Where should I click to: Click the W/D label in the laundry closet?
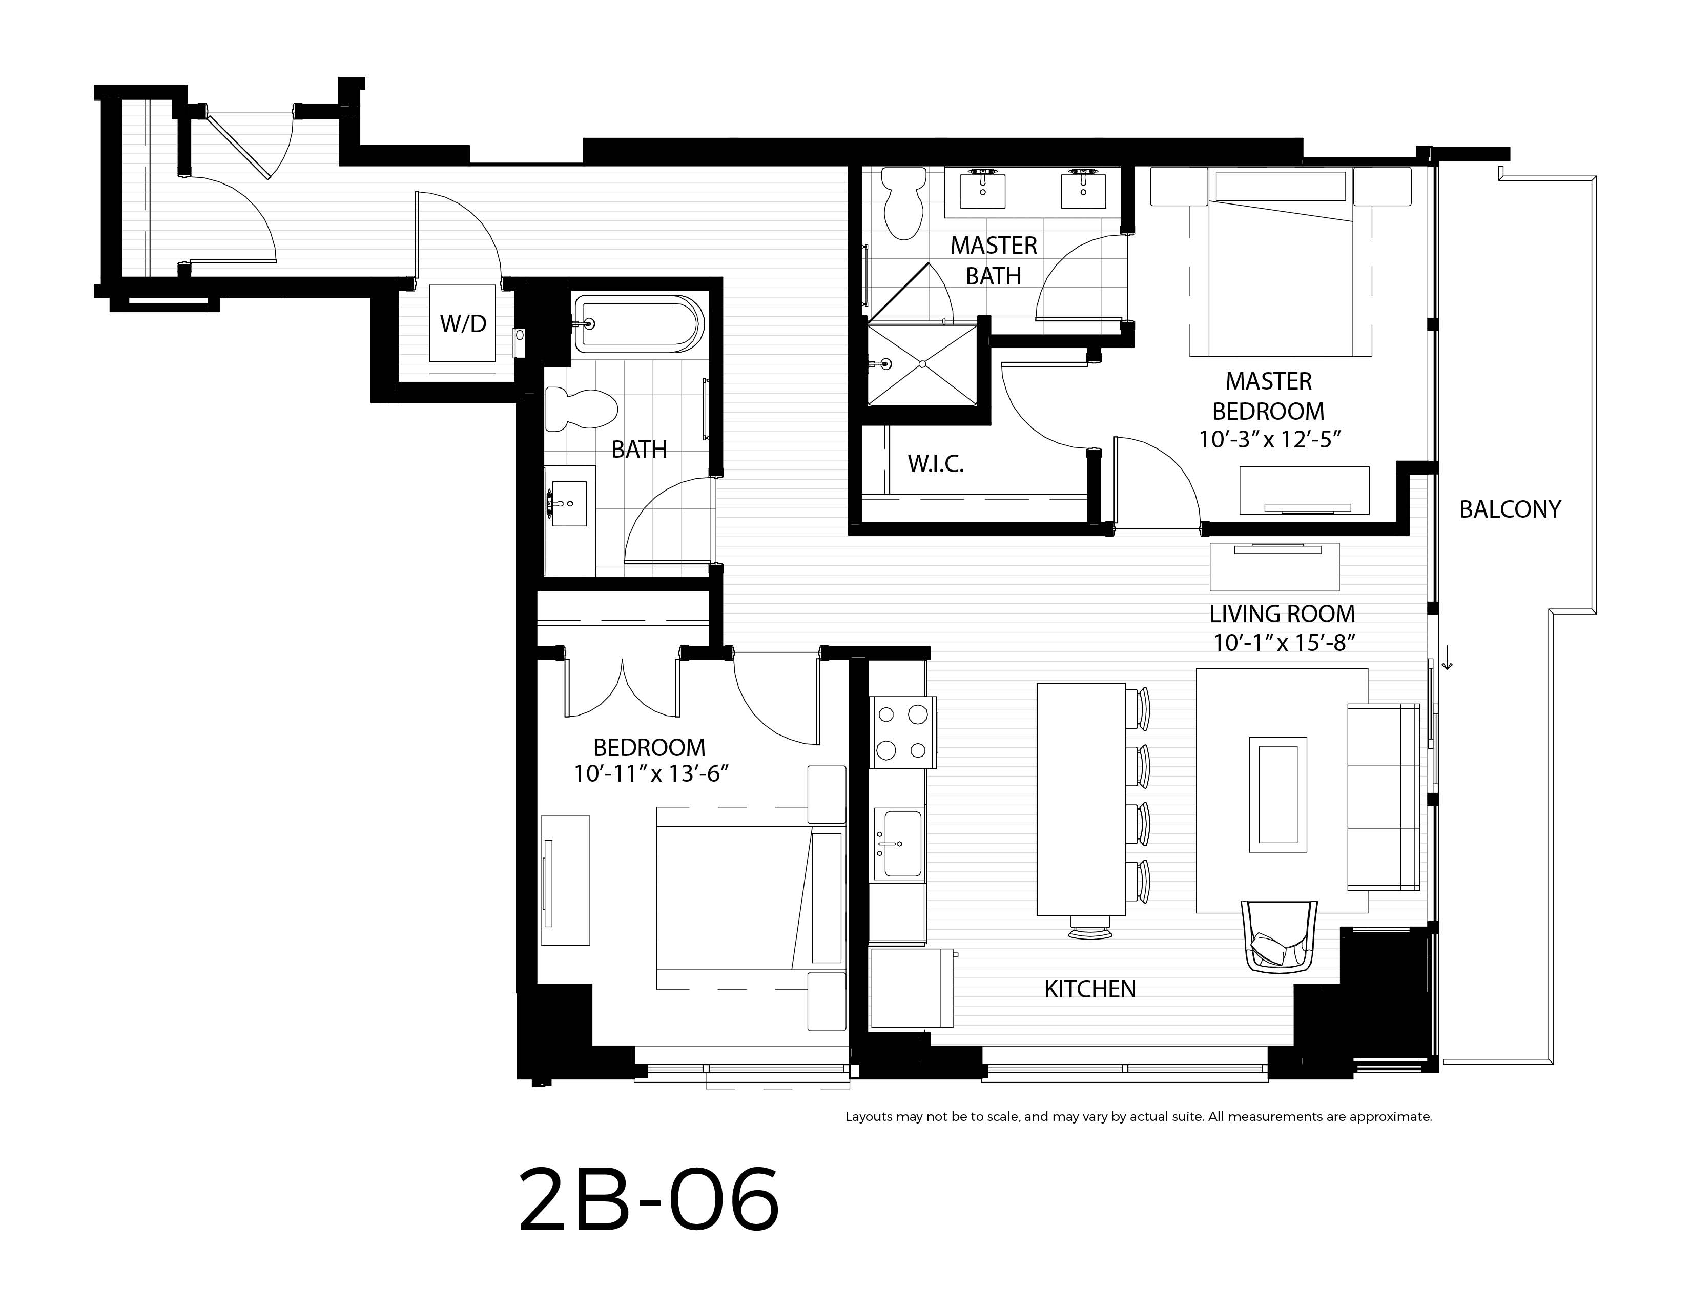(463, 323)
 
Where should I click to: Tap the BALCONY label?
(1510, 509)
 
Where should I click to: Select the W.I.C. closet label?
(935, 464)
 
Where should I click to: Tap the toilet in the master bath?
(903, 203)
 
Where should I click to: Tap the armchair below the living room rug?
(1279, 936)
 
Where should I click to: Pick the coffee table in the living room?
(1277, 794)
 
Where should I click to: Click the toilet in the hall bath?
(581, 408)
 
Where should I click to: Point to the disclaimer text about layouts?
(1138, 1116)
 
